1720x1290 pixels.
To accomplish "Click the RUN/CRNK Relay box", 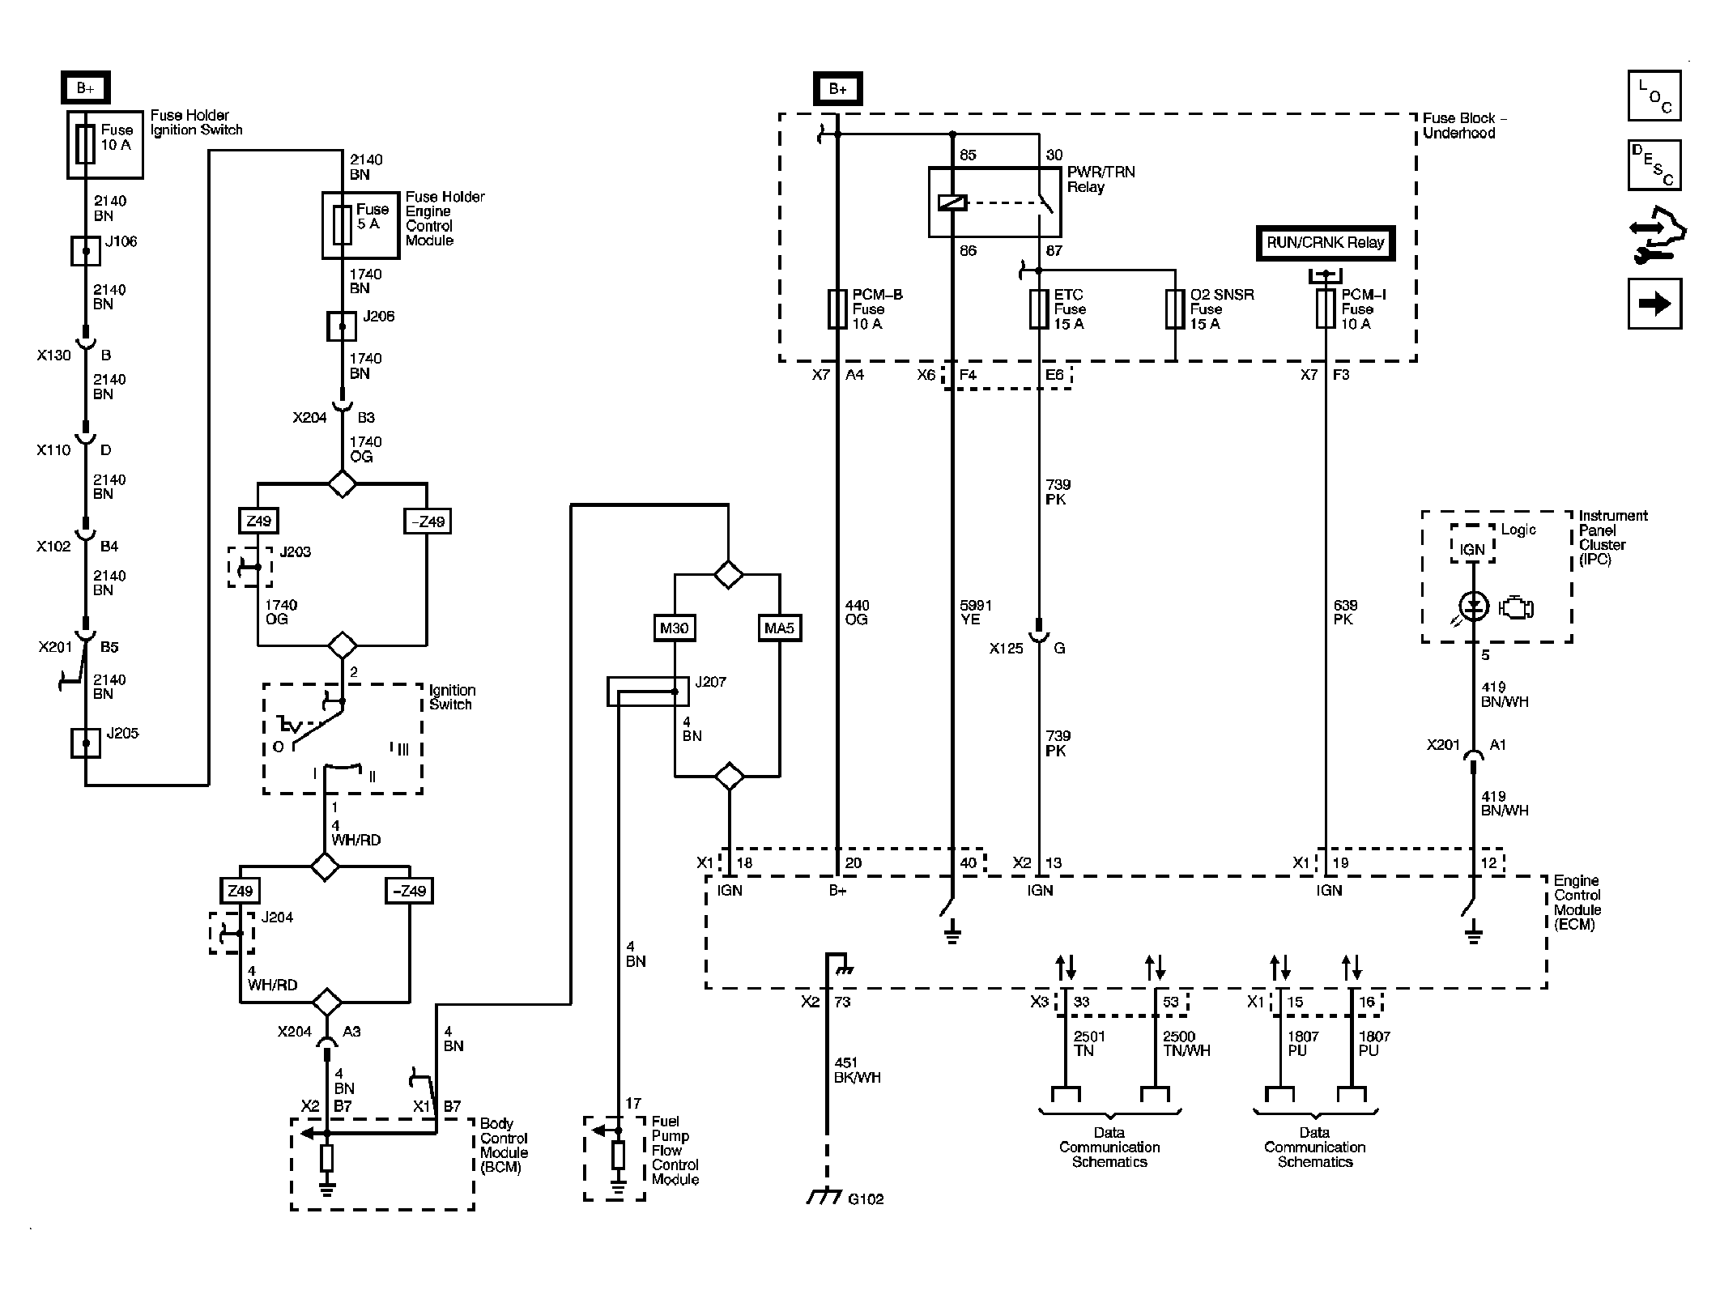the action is tap(1326, 243).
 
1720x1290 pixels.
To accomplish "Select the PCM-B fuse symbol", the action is tap(837, 309).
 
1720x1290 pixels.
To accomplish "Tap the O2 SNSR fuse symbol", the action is tap(1175, 309).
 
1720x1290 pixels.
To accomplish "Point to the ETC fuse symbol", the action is tap(1039, 309).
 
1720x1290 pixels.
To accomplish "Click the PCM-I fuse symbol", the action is tap(1326, 309).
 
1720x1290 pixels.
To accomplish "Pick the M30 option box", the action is tap(675, 628).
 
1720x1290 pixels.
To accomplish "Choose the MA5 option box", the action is tap(780, 628).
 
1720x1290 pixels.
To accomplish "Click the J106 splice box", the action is tap(86, 251).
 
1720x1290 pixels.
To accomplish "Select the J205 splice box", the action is tap(86, 743).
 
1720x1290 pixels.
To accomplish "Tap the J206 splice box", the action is tap(342, 327).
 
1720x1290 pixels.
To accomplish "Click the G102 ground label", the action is tap(866, 1199).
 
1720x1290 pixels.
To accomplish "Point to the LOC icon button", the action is tap(1654, 96).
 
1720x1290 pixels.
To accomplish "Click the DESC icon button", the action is tap(1654, 165).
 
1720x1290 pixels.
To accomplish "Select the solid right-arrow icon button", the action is tap(1654, 304).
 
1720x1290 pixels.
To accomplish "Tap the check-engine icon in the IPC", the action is tap(1516, 607).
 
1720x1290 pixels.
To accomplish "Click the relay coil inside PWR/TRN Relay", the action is tap(952, 203).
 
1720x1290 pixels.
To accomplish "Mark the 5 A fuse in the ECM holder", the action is tap(343, 225).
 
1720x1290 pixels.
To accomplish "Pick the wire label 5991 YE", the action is tap(976, 612).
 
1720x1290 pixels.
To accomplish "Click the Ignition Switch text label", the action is tap(452, 697).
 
